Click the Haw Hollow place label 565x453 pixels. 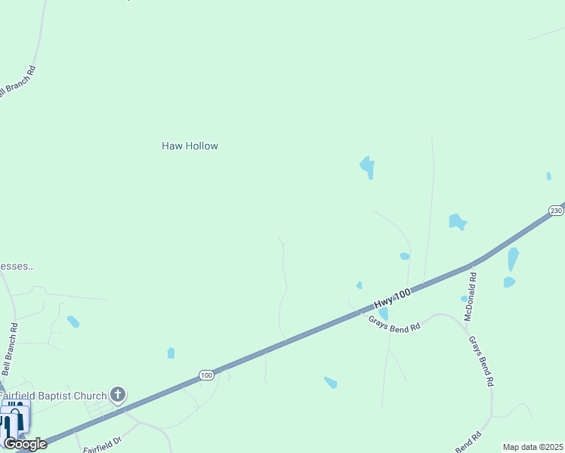(x=190, y=146)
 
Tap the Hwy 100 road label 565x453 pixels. (x=391, y=295)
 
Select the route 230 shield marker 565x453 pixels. (x=556, y=210)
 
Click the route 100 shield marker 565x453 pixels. (x=206, y=374)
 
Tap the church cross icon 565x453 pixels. (x=118, y=394)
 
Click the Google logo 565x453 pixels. (x=25, y=444)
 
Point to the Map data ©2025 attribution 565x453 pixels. (x=532, y=447)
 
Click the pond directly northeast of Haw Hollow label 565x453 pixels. (x=368, y=167)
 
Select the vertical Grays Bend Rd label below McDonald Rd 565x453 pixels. (x=480, y=362)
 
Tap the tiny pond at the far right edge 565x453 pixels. (x=548, y=176)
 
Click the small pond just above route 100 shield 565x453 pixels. (x=171, y=353)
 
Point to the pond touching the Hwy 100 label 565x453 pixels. (x=383, y=313)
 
